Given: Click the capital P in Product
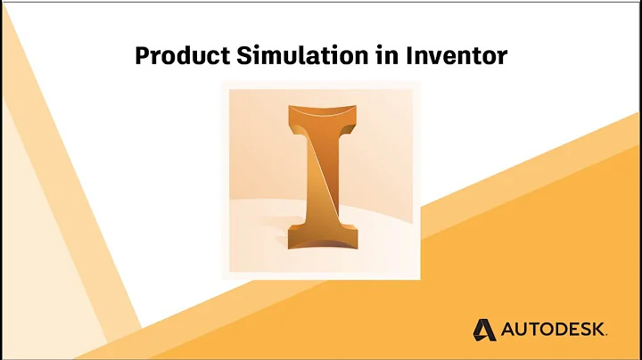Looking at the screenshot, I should pyautogui.click(x=142, y=56).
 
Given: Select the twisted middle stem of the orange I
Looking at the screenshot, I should pyautogui.click(x=320, y=178).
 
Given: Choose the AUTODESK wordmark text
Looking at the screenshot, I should pyautogui.click(x=553, y=330).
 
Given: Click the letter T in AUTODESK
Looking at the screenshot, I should pyautogui.click(x=532, y=330).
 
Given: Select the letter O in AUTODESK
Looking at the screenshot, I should pyautogui.click(x=545, y=330).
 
